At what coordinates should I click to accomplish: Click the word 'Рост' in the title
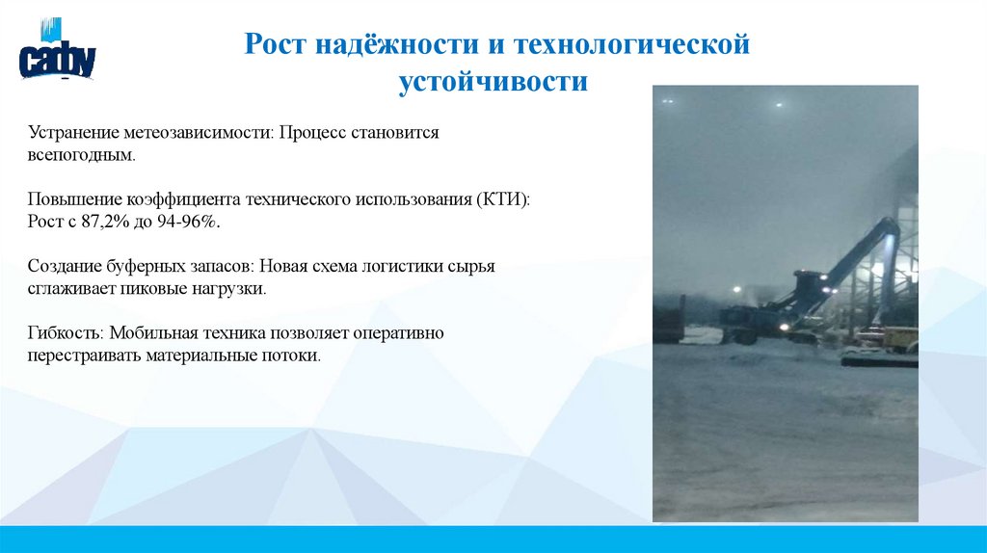tap(273, 44)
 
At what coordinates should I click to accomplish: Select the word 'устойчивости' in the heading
tap(493, 82)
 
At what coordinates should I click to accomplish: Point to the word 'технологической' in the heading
tap(630, 44)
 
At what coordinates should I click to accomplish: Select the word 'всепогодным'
tap(80, 153)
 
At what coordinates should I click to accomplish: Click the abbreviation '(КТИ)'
tap(501, 199)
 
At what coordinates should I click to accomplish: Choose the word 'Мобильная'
tap(155, 333)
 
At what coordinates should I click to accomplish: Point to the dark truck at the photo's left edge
tap(669, 318)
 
